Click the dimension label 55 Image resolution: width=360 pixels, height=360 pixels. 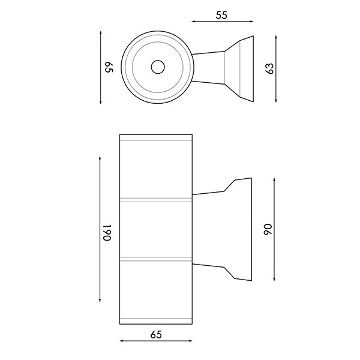coord(221,16)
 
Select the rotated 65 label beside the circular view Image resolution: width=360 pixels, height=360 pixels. coord(109,68)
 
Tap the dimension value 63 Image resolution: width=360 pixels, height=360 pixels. coord(270,68)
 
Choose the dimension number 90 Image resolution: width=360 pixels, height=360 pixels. coord(269,229)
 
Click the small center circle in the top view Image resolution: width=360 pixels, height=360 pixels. coord(158,67)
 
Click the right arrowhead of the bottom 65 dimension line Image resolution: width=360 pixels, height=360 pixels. coord(190,340)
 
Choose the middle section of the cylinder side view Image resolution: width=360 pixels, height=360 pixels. coord(156,229)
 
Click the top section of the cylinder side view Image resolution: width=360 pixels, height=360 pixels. coord(156,167)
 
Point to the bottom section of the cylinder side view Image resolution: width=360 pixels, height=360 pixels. coord(156,292)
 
